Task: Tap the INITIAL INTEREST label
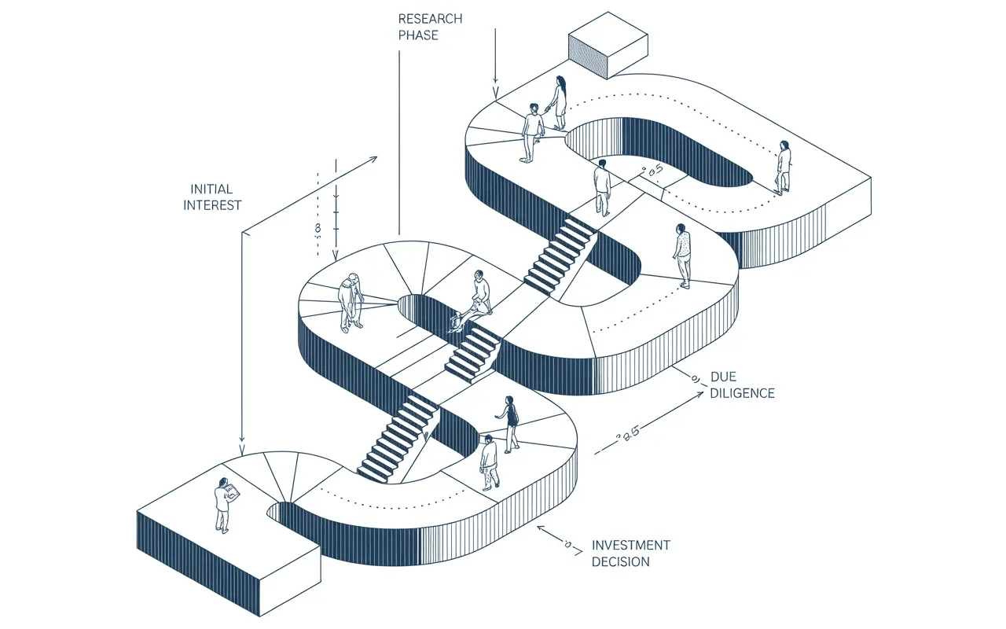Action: tap(212, 197)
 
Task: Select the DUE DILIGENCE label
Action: tap(742, 385)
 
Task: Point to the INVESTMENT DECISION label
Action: tap(630, 553)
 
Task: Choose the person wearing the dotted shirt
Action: tap(682, 254)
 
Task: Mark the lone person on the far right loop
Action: tap(783, 167)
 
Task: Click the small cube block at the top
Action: tap(608, 46)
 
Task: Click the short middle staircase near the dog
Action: tap(472, 353)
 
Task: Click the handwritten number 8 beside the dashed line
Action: tap(318, 228)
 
